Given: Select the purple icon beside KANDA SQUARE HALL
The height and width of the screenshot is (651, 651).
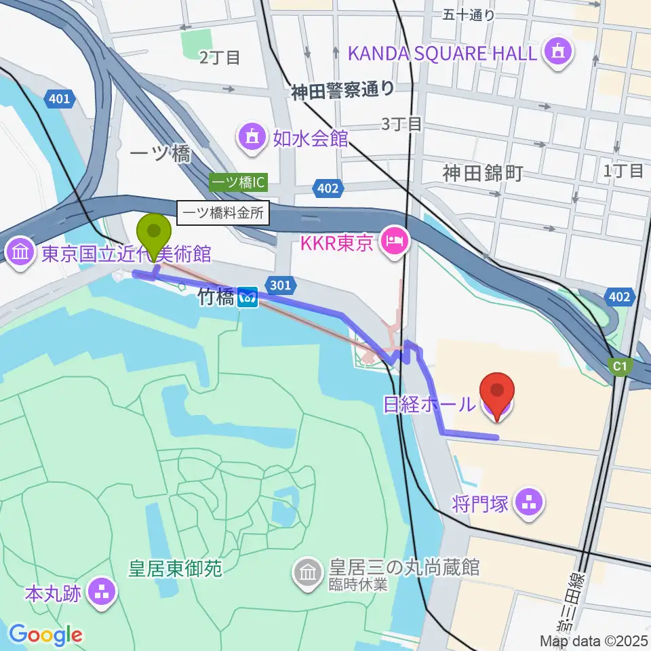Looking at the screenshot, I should [x=558, y=52].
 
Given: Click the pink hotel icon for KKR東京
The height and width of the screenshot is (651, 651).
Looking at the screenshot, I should [x=393, y=240].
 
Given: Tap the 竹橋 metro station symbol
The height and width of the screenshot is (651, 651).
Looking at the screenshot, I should [x=248, y=296].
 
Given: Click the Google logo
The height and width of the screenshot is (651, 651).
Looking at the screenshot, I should [x=45, y=635].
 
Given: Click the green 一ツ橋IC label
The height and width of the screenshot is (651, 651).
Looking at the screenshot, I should [x=239, y=182].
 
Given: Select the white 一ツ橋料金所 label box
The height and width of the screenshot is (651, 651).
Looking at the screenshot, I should [x=223, y=214].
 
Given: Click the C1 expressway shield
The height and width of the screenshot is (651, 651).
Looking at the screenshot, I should [x=619, y=367].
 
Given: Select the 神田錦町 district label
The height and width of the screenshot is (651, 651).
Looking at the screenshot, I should [x=483, y=174].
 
